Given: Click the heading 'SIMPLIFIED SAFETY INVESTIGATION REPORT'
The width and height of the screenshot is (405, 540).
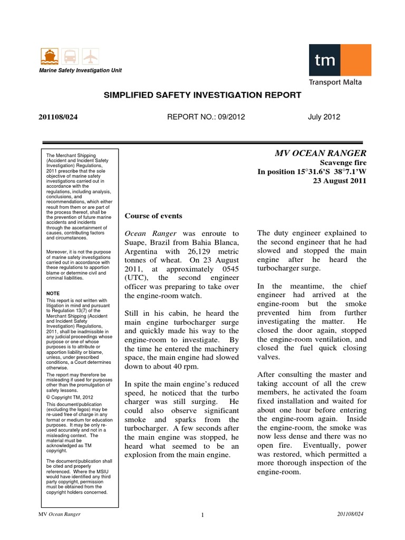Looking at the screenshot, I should [202, 95].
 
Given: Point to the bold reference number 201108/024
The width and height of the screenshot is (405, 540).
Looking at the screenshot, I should [59, 117].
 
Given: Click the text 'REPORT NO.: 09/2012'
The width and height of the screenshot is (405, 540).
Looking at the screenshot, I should [206, 117].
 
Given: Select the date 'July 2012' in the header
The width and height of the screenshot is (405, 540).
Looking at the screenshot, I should [324, 117].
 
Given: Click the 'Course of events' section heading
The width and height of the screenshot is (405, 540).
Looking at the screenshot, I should [153, 216].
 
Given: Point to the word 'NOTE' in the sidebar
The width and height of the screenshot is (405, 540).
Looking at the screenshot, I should [53, 293].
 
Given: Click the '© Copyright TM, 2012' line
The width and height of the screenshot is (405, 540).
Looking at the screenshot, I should [70, 398].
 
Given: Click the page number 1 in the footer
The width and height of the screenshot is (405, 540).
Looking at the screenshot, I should [202, 515].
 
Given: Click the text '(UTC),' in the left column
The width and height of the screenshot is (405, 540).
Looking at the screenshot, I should [137, 278].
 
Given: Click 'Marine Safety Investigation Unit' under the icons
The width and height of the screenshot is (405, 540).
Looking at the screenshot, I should [78, 71].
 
